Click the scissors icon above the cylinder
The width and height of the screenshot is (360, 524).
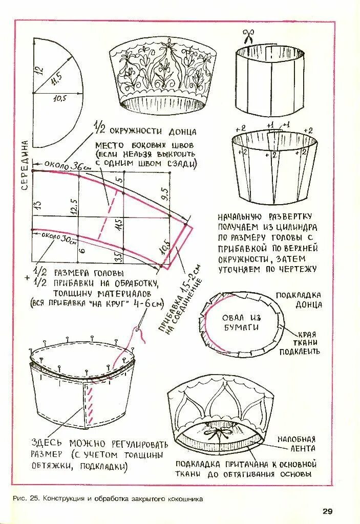pos(248,37)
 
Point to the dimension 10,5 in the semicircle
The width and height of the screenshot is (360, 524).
pos(60,99)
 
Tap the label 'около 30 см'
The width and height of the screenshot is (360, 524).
pos(56,237)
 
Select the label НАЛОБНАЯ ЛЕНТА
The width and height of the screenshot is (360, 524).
pos(297,444)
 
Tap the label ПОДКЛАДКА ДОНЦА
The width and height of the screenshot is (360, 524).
pos(299,300)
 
